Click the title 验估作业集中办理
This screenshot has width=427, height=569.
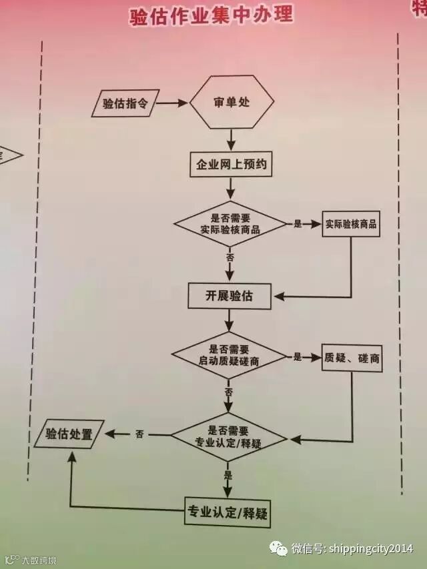tap(211, 17)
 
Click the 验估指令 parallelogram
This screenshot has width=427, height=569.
tap(125, 103)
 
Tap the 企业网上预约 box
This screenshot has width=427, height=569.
tap(232, 165)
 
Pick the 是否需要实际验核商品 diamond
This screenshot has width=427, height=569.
tap(230, 224)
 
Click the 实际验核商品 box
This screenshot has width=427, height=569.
tap(351, 224)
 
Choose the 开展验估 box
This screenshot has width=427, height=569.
tap(230, 296)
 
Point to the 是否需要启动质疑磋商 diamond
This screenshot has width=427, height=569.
tap(229, 356)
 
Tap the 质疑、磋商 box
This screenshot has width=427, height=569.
tap(352, 358)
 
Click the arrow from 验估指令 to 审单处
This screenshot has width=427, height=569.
tap(171, 103)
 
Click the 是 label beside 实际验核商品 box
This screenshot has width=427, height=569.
tap(298, 224)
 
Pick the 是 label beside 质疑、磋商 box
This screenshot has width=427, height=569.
tap(298, 357)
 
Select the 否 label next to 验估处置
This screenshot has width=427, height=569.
tap(139, 434)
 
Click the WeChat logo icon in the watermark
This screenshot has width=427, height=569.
tap(279, 548)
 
